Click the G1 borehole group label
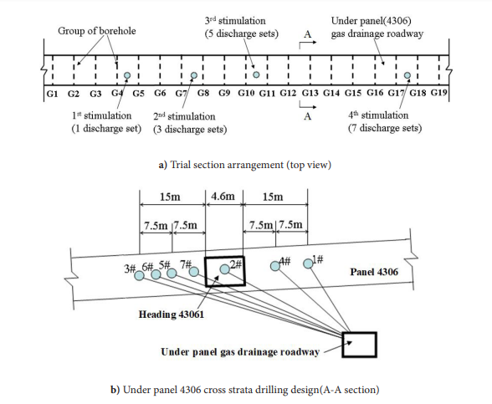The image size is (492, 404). coord(52,94)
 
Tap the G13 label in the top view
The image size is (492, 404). coord(310,93)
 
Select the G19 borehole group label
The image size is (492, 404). coord(438,93)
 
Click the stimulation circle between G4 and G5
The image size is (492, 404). coord(127,75)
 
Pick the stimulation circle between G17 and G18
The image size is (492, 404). coord(407,75)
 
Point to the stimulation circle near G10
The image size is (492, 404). coord(256,74)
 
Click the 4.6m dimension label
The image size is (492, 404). coord(223,197)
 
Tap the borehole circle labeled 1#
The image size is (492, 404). coord(308,263)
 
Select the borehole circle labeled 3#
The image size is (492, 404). coord(139,275)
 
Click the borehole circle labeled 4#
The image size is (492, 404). coord(275,266)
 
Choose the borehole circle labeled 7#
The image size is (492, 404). coord(194,271)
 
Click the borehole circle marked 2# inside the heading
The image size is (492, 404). coord(224,269)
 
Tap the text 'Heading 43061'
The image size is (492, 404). coord(172,315)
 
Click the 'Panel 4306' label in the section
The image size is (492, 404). coord(374,272)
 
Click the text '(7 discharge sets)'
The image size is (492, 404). coord(385,128)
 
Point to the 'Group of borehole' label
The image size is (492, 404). coord(97,31)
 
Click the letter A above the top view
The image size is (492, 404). coord(308,33)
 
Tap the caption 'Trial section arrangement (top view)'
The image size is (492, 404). coord(250,165)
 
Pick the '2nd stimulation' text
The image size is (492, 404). coord(184,117)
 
